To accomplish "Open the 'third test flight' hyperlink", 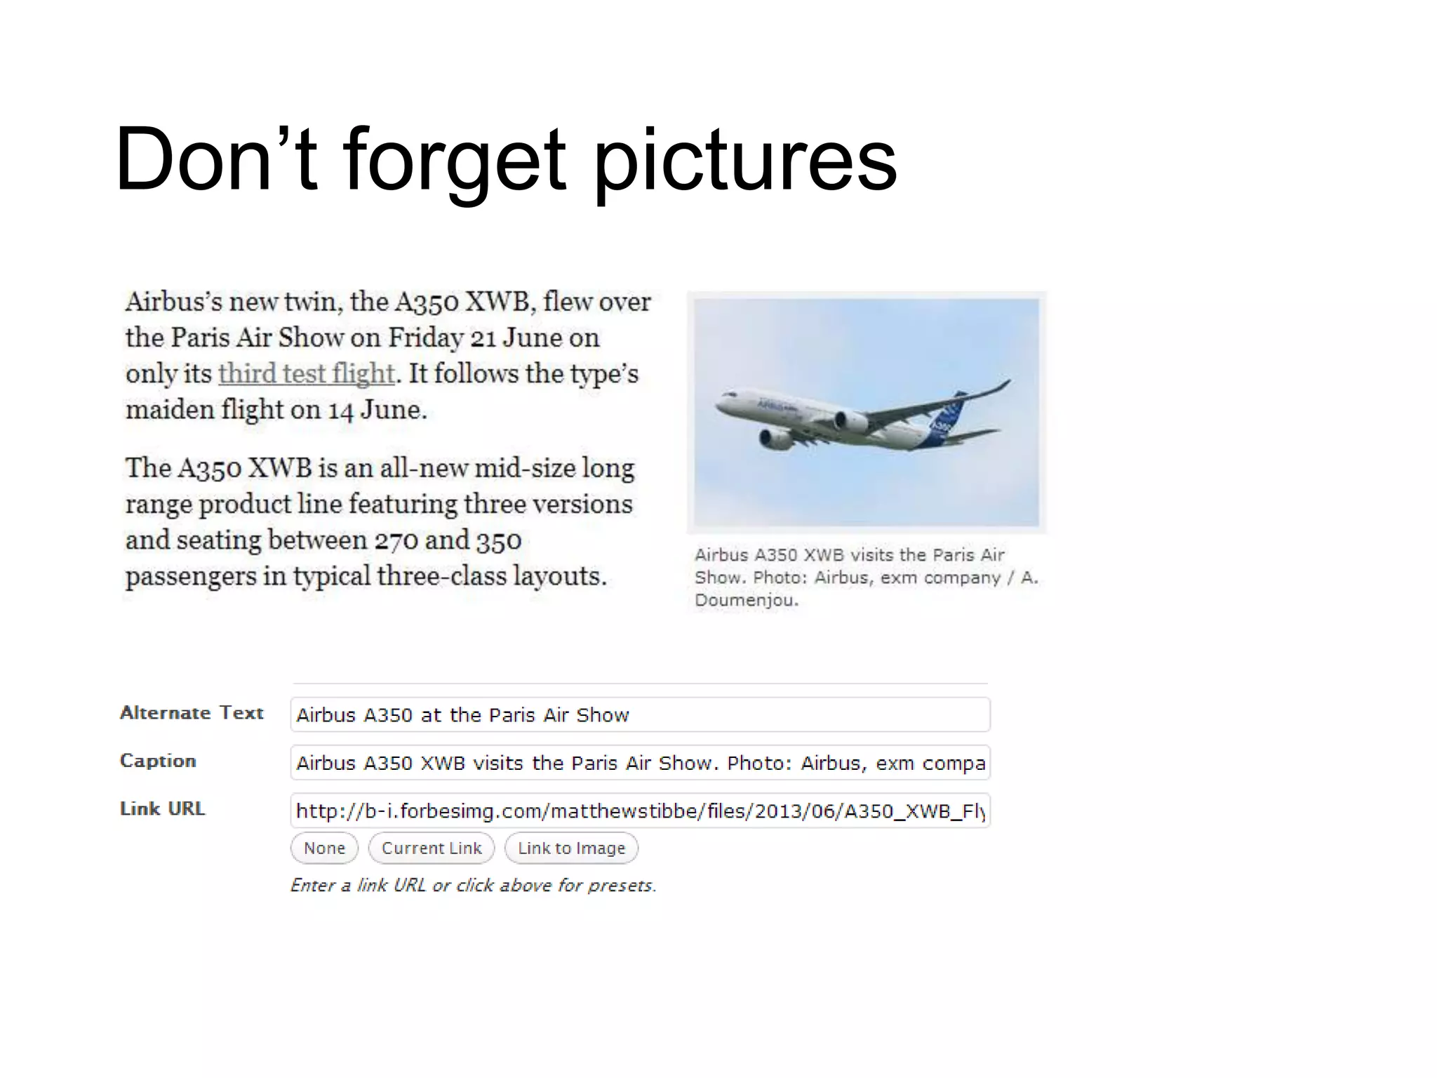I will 306,373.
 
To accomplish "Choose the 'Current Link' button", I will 432,848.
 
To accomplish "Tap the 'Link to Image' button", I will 571,848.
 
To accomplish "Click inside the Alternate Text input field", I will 640,714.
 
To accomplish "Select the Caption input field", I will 640,763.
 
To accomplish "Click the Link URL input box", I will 640,811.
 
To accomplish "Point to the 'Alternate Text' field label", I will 192,713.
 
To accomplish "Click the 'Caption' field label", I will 158,761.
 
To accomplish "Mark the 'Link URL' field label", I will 162,808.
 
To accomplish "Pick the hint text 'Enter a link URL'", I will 358,886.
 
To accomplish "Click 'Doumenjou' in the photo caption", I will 746,601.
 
